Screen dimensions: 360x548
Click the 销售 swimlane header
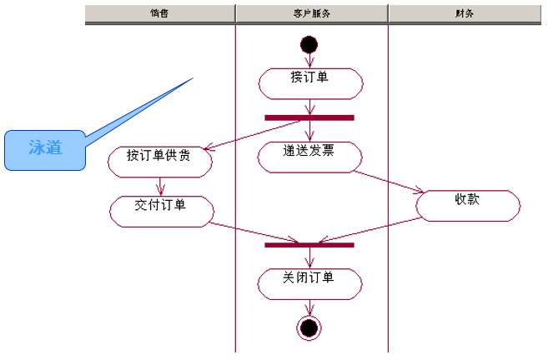point(159,13)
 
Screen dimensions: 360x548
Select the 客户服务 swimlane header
point(311,13)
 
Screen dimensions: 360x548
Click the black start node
point(309,43)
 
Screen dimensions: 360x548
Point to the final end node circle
point(309,328)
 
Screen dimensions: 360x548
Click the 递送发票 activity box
point(310,155)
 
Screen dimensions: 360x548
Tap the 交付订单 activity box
point(160,209)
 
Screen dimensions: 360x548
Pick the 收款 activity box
point(467,204)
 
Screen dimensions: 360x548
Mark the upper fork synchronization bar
point(309,117)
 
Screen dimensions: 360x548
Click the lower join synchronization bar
point(309,244)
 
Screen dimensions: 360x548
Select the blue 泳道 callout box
point(45,150)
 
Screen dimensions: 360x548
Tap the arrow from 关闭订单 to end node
point(309,307)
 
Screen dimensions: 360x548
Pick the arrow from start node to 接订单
point(309,59)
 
